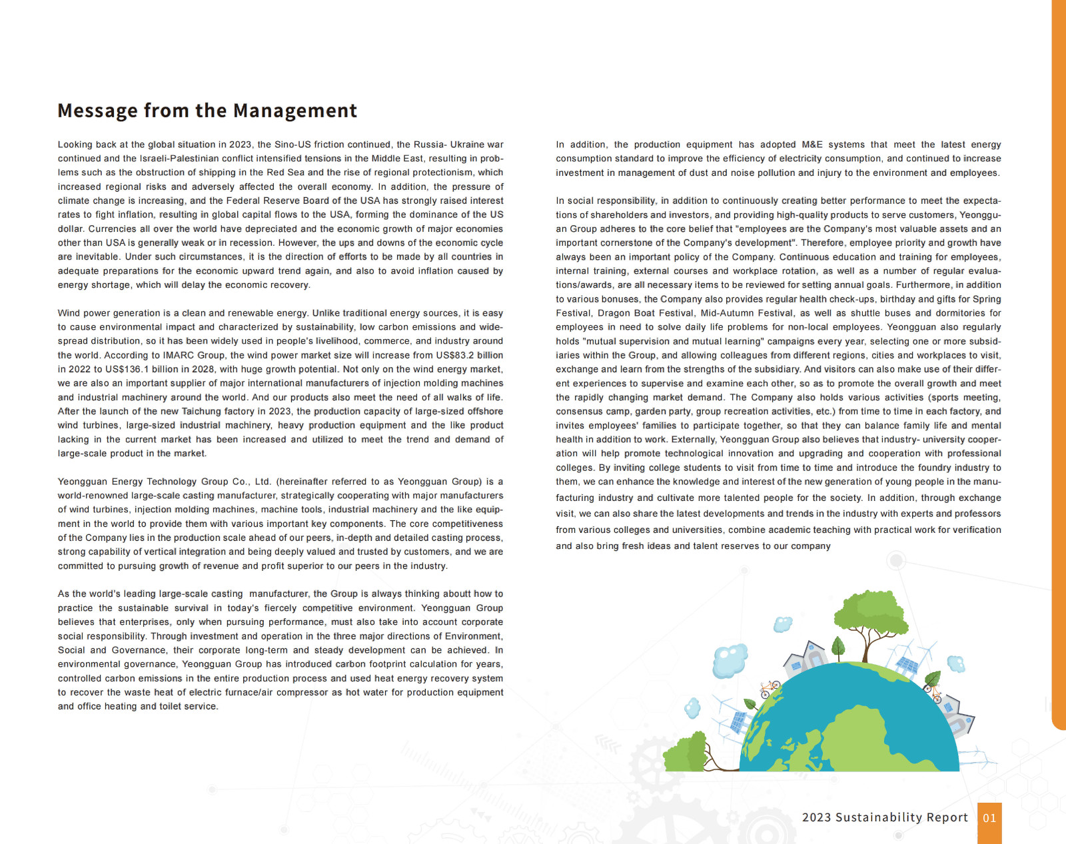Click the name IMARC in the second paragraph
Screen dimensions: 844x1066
179,355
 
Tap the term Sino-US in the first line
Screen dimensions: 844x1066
293,145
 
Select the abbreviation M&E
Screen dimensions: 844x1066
812,145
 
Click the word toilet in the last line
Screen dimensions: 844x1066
174,706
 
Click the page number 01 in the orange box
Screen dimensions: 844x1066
989,818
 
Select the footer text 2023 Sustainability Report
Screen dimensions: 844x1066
884,817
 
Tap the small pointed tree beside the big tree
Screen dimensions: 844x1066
839,645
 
